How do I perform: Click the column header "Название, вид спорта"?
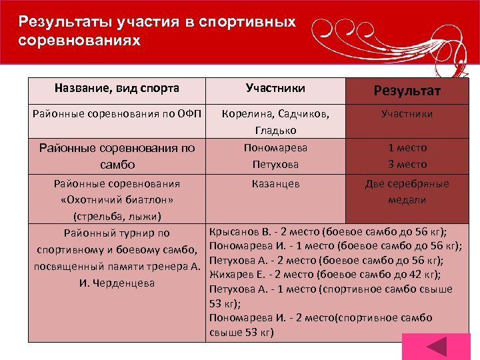pyautogui.click(x=117, y=88)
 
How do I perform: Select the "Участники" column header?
pyautogui.click(x=275, y=88)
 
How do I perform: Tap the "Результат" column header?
pyautogui.click(x=407, y=91)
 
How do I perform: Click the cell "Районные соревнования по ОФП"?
pyautogui.click(x=117, y=114)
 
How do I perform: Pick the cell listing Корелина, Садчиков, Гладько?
pyautogui.click(x=275, y=121)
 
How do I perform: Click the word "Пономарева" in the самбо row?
pyautogui.click(x=275, y=147)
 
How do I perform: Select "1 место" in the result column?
pyautogui.click(x=407, y=147)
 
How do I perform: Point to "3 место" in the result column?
pyautogui.click(x=407, y=164)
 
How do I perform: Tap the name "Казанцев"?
pyautogui.click(x=275, y=183)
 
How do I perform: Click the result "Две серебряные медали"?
pyautogui.click(x=407, y=191)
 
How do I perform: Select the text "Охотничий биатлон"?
pyautogui.click(x=117, y=200)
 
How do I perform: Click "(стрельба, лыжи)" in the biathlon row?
pyautogui.click(x=117, y=216)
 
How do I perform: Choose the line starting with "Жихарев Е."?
pyautogui.click(x=325, y=274)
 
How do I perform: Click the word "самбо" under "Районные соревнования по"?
pyautogui.click(x=117, y=164)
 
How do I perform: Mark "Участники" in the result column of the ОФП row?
pyautogui.click(x=407, y=114)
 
